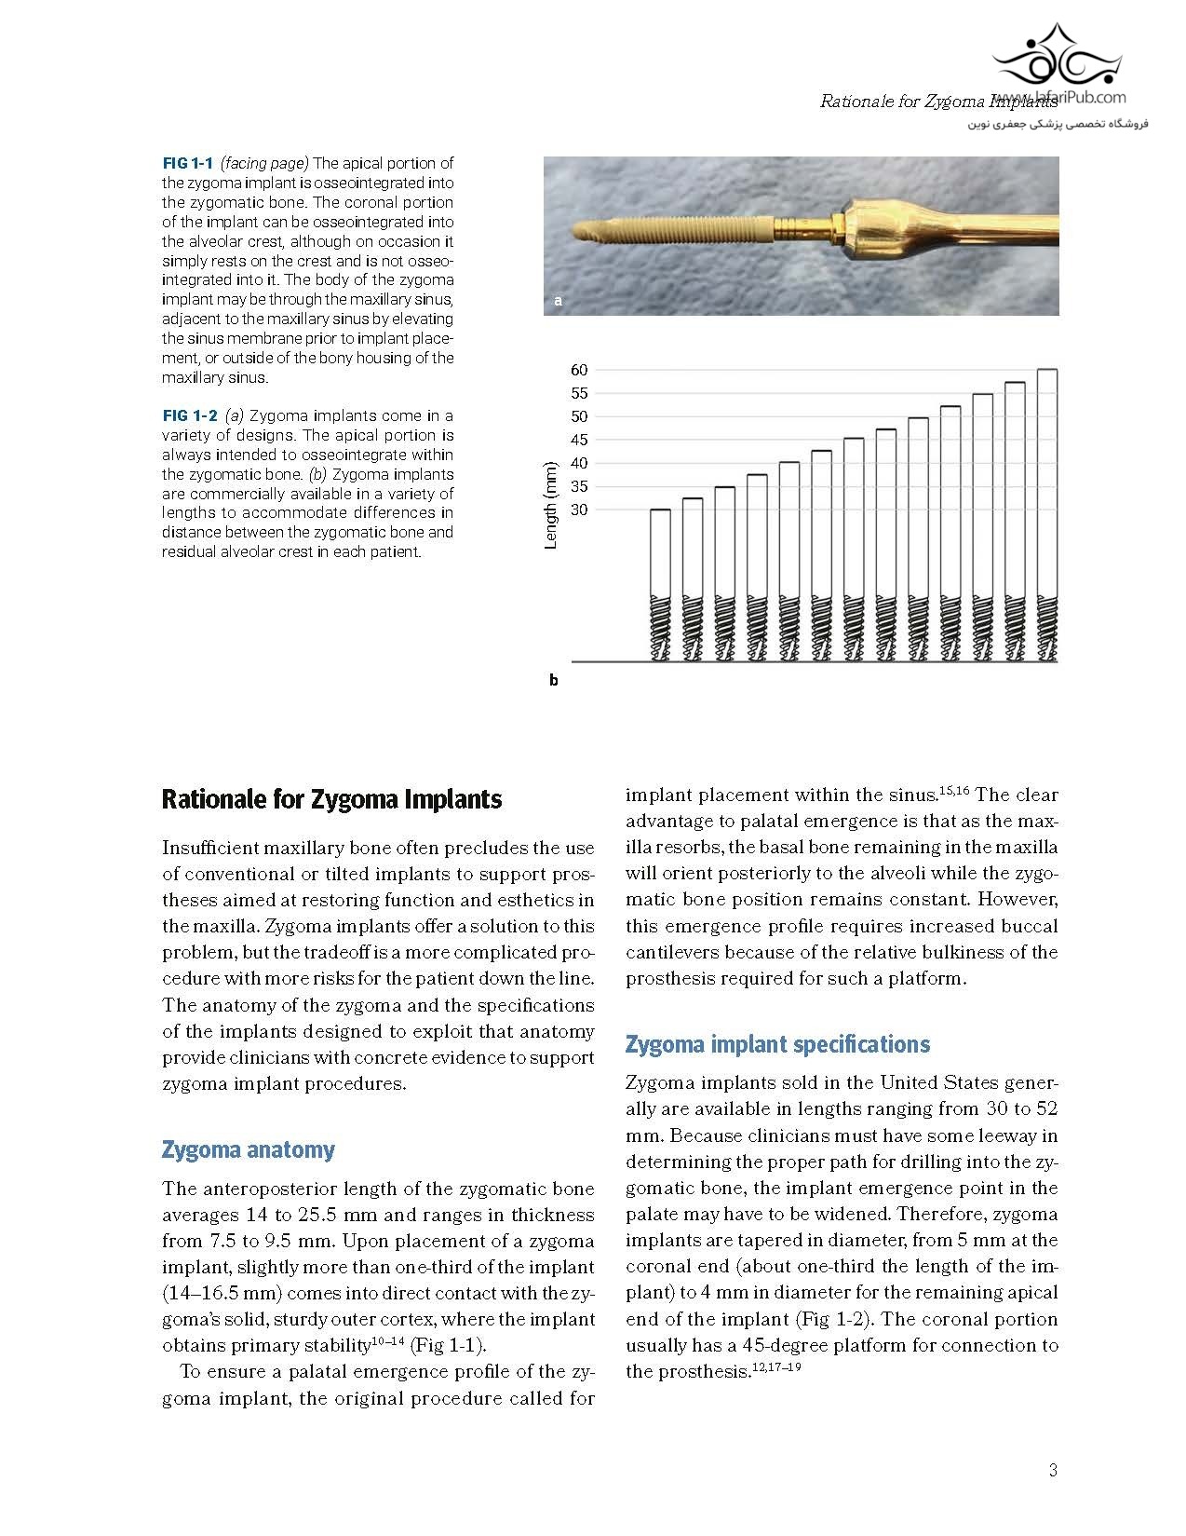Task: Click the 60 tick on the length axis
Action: point(579,370)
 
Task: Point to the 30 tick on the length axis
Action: point(579,510)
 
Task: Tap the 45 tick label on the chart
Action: point(579,440)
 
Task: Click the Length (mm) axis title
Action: point(550,505)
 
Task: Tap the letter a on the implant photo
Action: point(558,301)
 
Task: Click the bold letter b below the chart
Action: point(553,681)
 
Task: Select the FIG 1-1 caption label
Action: point(187,163)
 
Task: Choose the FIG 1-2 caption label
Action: point(190,415)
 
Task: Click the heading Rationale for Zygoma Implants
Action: point(331,799)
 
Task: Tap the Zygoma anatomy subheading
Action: point(248,1149)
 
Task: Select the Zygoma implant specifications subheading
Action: point(777,1044)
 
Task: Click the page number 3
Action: point(1053,1471)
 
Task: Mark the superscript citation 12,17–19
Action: point(776,1367)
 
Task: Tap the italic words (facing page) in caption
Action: point(264,163)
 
